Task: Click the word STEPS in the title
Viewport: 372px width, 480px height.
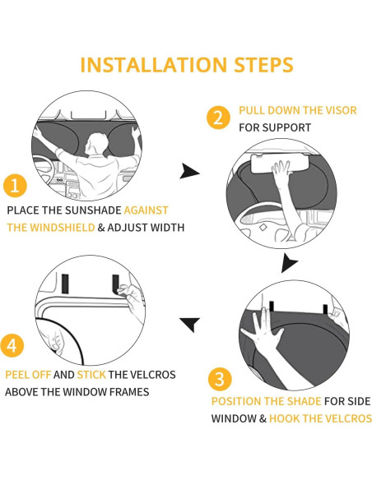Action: (x=263, y=65)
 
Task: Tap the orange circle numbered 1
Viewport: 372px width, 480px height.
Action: (x=15, y=186)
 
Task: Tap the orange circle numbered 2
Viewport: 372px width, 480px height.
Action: (x=218, y=118)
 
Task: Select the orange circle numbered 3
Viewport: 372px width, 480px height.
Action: (x=220, y=379)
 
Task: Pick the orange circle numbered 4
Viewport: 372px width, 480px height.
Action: (x=12, y=345)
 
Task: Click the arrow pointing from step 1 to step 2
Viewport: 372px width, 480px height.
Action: (x=189, y=171)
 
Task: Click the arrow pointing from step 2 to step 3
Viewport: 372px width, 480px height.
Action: (x=289, y=263)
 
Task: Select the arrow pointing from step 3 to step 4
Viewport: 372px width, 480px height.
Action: (x=190, y=325)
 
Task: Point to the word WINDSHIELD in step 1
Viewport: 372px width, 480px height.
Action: (x=63, y=228)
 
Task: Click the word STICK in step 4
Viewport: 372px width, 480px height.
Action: (x=91, y=375)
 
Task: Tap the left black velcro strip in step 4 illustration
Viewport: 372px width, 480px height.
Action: (x=65, y=284)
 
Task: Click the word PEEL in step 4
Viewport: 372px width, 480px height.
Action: (x=17, y=375)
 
